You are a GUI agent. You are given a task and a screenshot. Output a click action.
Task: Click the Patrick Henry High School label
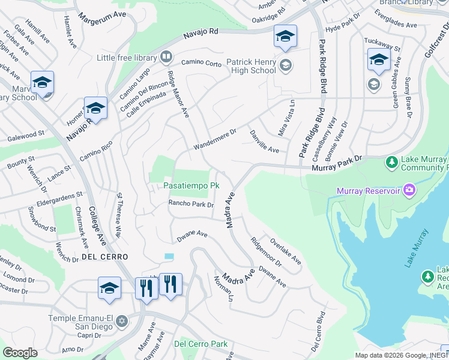(x=251, y=66)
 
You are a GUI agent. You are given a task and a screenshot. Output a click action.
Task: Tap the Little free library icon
(x=166, y=58)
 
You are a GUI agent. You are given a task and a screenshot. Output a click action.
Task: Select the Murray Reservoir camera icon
(x=409, y=191)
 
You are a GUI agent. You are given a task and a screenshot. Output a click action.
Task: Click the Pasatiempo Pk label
(x=186, y=186)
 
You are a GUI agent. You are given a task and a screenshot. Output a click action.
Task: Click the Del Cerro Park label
(x=200, y=344)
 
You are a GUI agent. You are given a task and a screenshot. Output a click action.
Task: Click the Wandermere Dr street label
(x=215, y=139)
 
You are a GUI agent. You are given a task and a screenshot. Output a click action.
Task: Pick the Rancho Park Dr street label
(x=191, y=204)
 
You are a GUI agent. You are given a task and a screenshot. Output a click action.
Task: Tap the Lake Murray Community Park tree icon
(x=392, y=161)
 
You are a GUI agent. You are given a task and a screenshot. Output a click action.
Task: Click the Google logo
(x=20, y=353)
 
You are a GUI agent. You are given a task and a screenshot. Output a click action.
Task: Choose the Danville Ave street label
(x=264, y=142)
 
